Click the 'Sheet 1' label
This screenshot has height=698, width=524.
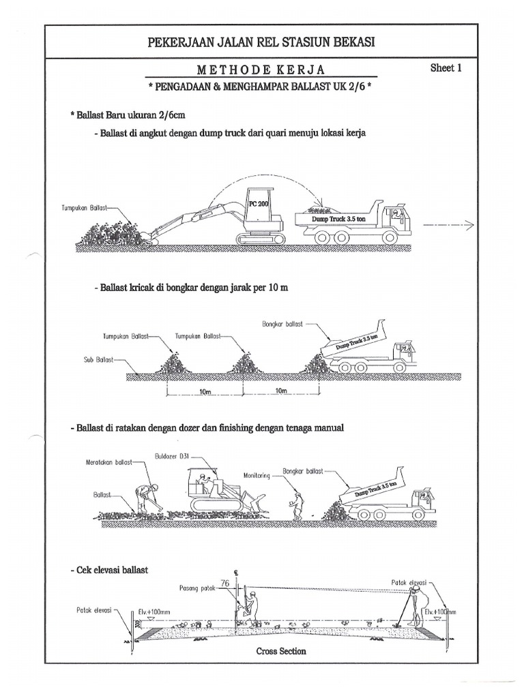point(447,68)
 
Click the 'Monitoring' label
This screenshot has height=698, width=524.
point(257,475)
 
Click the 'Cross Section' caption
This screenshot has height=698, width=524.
point(281,651)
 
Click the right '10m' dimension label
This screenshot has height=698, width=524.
point(280,391)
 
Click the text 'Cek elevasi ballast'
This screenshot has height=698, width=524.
point(109,568)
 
